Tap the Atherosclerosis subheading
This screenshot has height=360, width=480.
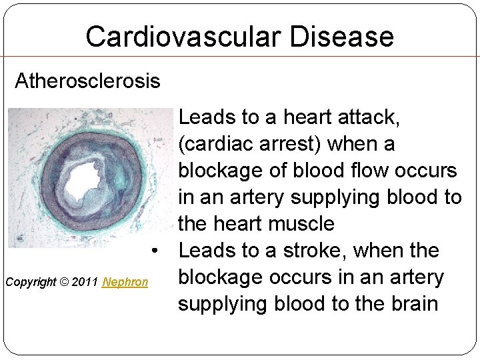(x=87, y=81)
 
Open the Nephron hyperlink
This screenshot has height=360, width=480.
(x=125, y=282)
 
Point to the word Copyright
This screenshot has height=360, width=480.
(x=31, y=282)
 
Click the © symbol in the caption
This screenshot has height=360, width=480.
(x=65, y=282)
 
